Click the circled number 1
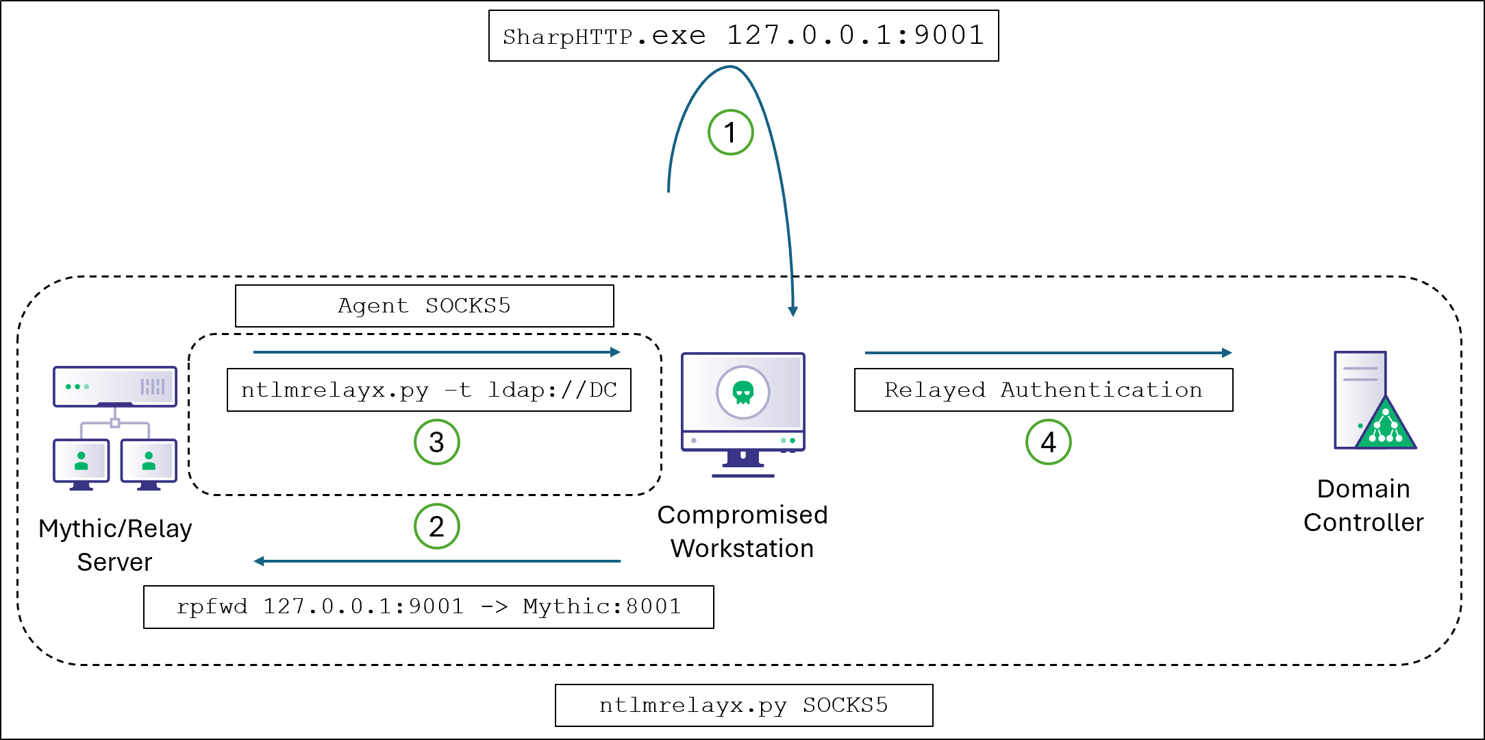click(x=730, y=132)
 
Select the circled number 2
click(x=436, y=526)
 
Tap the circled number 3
click(x=436, y=442)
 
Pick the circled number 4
click(x=1048, y=442)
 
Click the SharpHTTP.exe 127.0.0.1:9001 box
click(x=743, y=36)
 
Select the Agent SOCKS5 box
click(x=424, y=306)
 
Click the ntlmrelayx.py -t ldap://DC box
click(x=429, y=390)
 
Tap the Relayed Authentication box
click(x=1043, y=390)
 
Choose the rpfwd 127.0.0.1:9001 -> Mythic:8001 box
click(x=428, y=606)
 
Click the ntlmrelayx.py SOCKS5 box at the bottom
click(x=743, y=705)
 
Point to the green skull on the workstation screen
click(x=743, y=393)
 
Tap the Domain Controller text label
click(x=1363, y=505)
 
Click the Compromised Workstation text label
click(x=742, y=531)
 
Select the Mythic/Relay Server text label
click(x=115, y=545)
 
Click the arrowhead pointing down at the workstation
click(x=793, y=311)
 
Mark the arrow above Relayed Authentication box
click(x=1048, y=353)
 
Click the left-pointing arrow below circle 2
click(x=436, y=561)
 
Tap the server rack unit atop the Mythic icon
click(x=115, y=386)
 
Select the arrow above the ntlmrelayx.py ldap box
click(x=436, y=352)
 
